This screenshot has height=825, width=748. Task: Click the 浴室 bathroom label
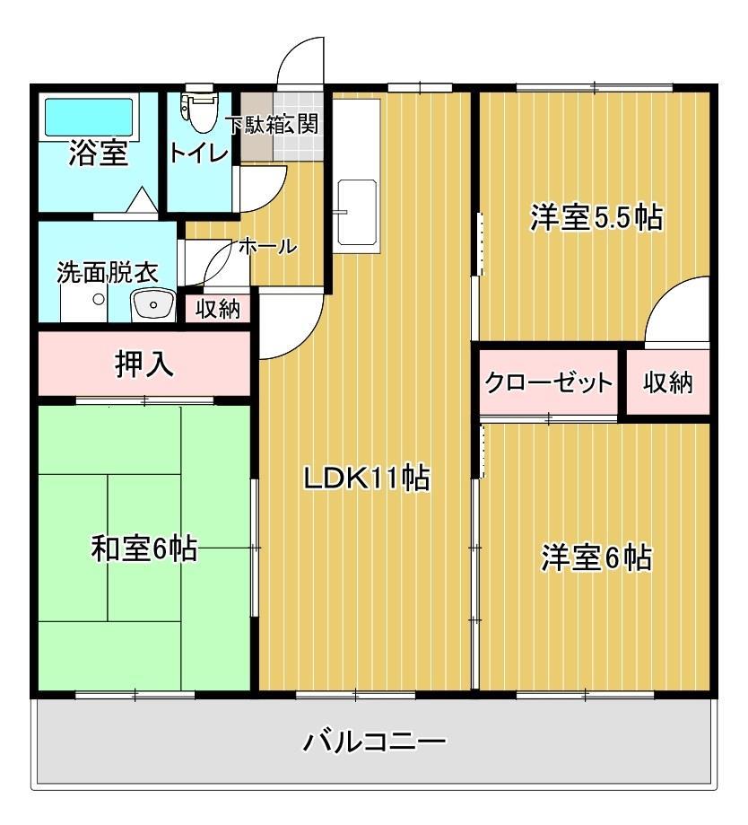coord(99,154)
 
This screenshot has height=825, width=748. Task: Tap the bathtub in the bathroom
coord(88,116)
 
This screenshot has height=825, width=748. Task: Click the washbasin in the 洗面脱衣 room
coord(153,305)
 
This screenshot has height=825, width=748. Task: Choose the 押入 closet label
coord(144,364)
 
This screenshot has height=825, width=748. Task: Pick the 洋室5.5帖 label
coord(596,217)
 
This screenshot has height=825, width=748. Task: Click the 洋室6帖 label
coord(596,557)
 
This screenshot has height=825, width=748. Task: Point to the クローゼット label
coord(548,383)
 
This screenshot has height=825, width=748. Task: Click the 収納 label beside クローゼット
coord(668,383)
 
